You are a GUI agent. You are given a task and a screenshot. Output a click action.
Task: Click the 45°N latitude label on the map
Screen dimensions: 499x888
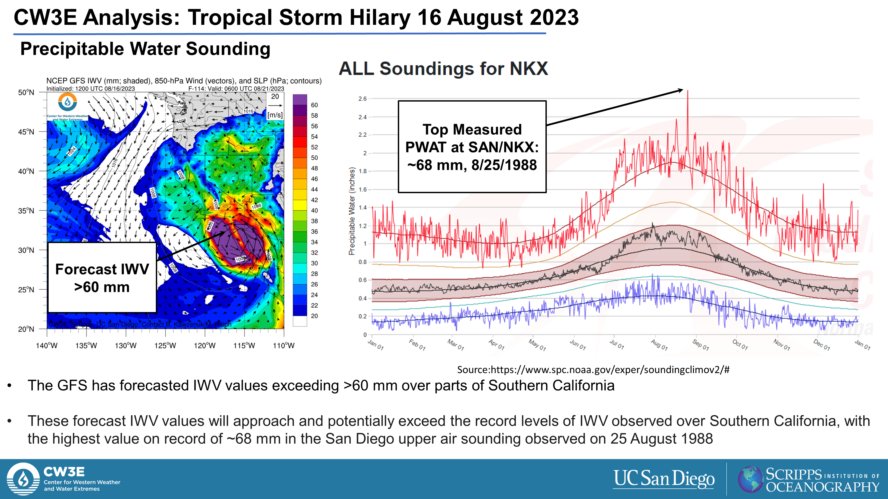pyautogui.click(x=26, y=132)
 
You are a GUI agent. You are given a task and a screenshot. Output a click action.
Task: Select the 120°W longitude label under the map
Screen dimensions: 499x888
pyautogui.click(x=204, y=345)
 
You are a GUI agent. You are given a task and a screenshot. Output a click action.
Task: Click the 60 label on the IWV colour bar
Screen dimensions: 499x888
pyautogui.click(x=314, y=105)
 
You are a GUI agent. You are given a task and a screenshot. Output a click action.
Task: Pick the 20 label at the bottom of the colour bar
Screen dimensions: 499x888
pyautogui.click(x=314, y=316)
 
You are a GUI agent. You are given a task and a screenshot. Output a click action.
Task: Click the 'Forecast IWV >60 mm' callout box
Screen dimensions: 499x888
pyautogui.click(x=102, y=278)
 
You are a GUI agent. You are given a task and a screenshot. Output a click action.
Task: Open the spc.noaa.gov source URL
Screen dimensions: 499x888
pyautogui.click(x=593, y=369)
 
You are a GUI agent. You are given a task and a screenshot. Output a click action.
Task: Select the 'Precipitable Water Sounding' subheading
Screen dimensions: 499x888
pyautogui.click(x=145, y=49)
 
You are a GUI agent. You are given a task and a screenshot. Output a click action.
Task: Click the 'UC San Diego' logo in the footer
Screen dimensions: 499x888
pyautogui.click(x=664, y=479)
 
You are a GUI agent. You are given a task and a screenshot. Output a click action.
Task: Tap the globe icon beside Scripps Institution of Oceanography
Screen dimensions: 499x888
pyautogui.click(x=750, y=479)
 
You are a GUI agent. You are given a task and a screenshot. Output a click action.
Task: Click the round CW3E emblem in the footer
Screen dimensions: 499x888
pyautogui.click(x=23, y=479)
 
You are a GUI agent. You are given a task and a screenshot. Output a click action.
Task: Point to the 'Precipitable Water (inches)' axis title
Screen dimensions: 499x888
pyautogui.click(x=352, y=211)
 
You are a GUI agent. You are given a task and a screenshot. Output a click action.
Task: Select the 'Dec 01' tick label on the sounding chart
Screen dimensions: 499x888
pyautogui.click(x=821, y=344)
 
